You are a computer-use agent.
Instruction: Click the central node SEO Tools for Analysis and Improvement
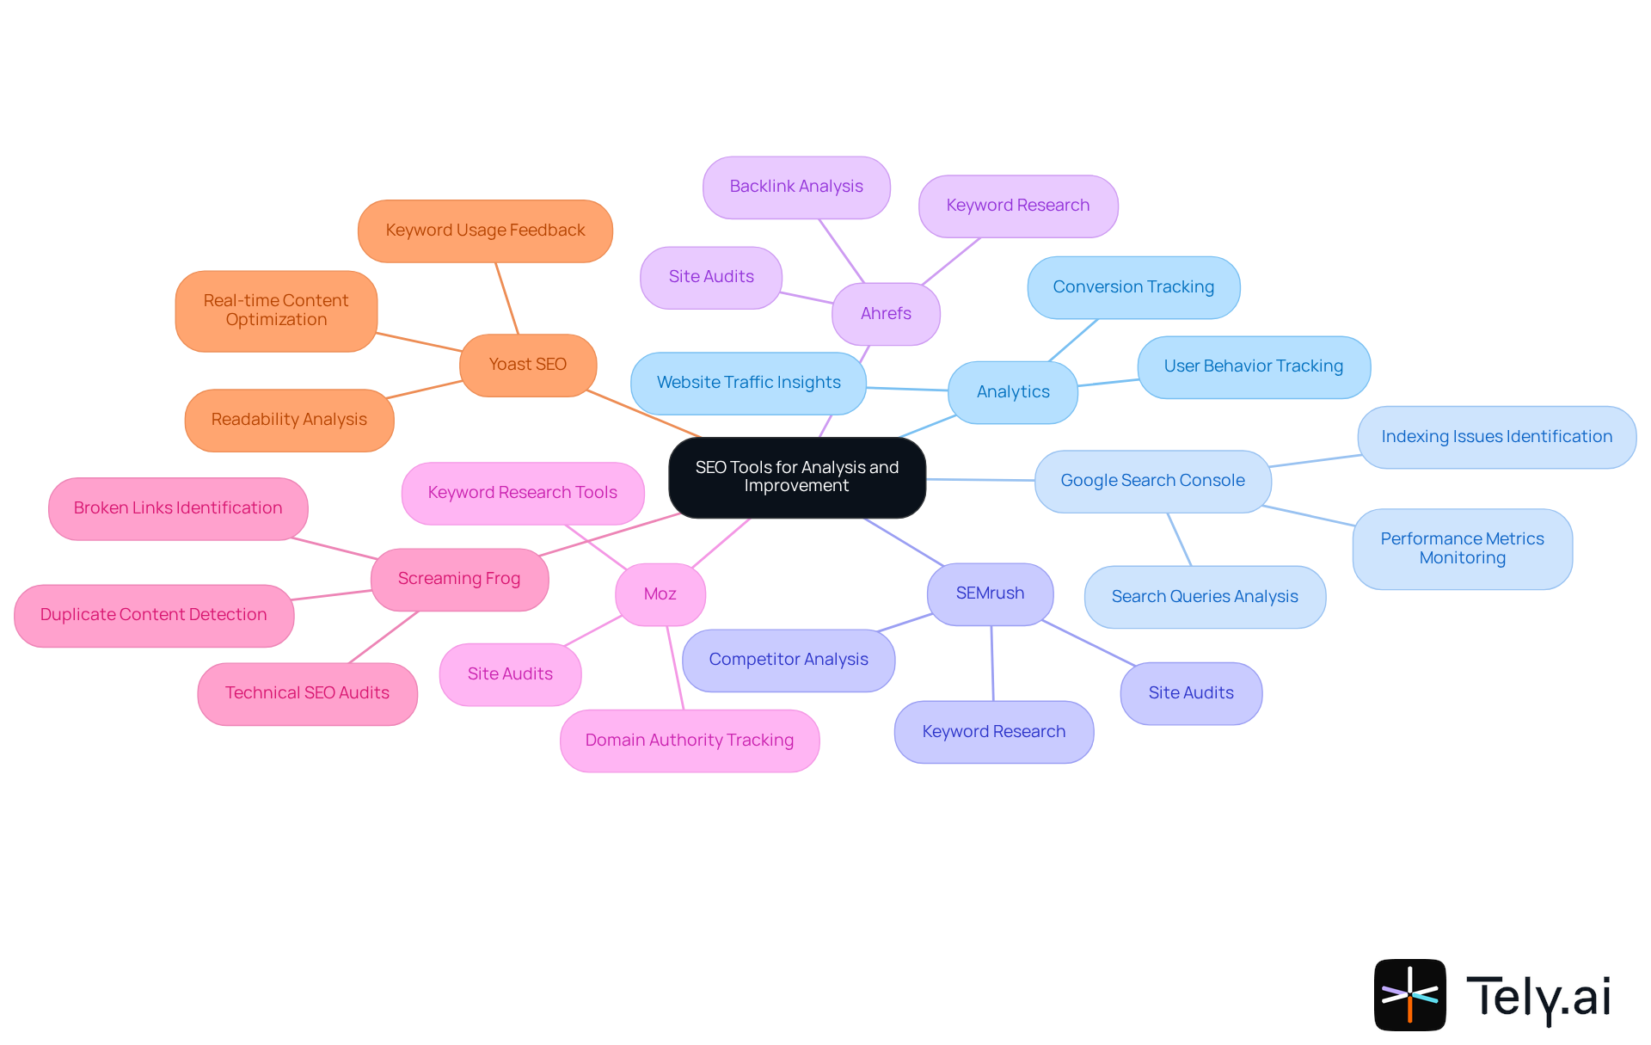pyautogui.click(x=797, y=477)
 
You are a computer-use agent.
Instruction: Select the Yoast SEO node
pyautogui.click(x=528, y=365)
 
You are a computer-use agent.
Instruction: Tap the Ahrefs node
pyautogui.click(x=886, y=314)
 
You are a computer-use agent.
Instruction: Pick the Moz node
pyautogui.click(x=660, y=594)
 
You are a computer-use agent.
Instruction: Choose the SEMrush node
pyautogui.click(x=990, y=593)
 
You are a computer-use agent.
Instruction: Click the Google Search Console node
pyautogui.click(x=1152, y=481)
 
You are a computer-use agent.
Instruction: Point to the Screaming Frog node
pyautogui.click(x=459, y=579)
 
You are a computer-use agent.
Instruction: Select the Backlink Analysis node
pyautogui.click(x=796, y=187)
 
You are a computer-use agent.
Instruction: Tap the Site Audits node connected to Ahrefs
pyautogui.click(x=711, y=277)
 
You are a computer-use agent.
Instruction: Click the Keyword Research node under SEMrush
pyautogui.click(x=994, y=732)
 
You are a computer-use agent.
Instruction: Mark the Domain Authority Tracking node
pyautogui.click(x=690, y=741)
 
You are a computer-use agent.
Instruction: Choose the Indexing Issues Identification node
pyautogui.click(x=1496, y=437)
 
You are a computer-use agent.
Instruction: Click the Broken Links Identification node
pyautogui.click(x=178, y=508)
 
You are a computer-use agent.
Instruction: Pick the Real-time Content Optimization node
pyautogui.click(x=276, y=310)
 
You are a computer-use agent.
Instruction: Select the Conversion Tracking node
pyautogui.click(x=1133, y=287)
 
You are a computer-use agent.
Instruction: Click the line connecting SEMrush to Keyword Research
pyautogui.click(x=992, y=663)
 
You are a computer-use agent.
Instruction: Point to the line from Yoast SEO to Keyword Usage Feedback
pyautogui.click(x=506, y=298)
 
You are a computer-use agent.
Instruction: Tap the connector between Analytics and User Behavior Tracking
pyautogui.click(x=1108, y=382)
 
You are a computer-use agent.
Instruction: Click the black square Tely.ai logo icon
pyautogui.click(x=1409, y=994)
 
